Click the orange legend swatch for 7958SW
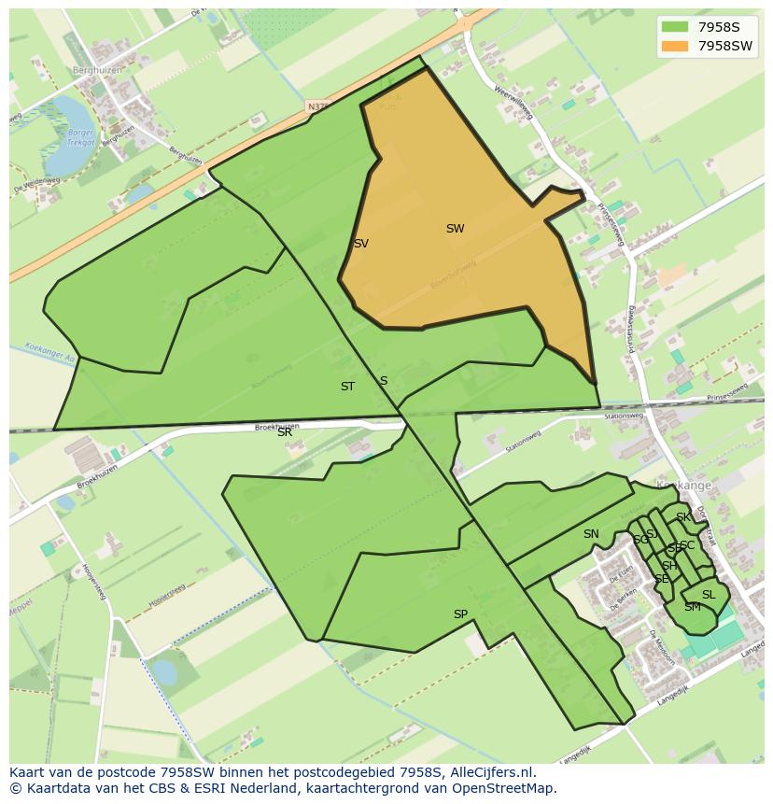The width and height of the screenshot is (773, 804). pos(674,46)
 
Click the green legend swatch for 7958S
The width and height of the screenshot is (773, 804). pos(674,26)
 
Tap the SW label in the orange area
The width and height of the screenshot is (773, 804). pos(455,229)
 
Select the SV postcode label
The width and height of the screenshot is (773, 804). pos(360,244)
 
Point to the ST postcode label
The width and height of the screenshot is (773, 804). pos(347,387)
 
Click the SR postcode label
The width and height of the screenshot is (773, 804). pos(285,432)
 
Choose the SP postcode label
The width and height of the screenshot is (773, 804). pos(460,614)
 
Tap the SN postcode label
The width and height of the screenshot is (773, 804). pos(591,534)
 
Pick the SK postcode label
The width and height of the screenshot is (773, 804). pos(683,517)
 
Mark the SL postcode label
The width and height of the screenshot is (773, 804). pos(709,595)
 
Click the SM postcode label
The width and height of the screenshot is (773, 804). pos(692,607)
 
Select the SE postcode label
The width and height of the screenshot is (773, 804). pos(661,579)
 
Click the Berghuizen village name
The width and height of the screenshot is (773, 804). pos(97,69)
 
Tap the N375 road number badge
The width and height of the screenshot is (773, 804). pos(318,108)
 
